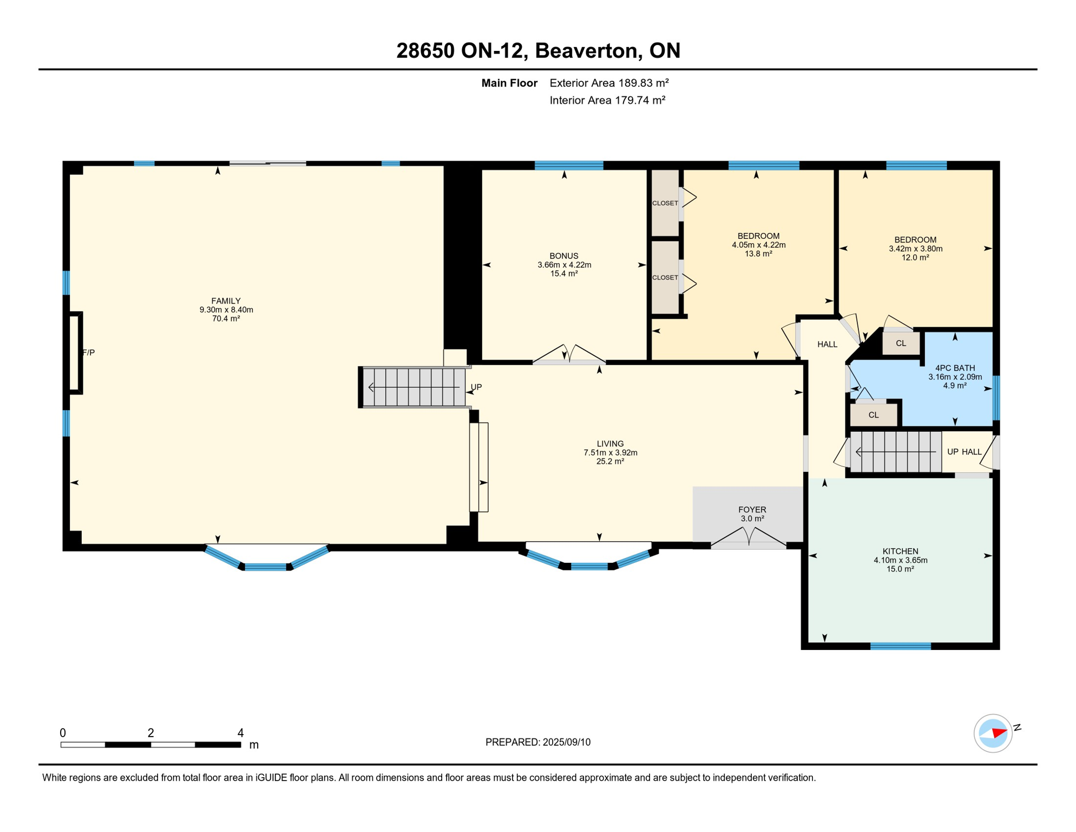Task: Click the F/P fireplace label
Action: click(88, 353)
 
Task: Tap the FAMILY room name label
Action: click(226, 301)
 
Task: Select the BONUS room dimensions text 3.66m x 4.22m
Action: click(564, 265)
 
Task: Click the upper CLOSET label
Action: click(665, 203)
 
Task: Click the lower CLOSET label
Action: click(665, 277)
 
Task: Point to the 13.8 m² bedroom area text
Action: click(758, 253)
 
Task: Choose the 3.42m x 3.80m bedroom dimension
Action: click(915, 249)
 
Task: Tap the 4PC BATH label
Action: click(955, 368)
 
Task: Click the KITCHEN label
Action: click(900, 551)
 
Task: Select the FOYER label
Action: click(752, 510)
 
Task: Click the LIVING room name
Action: click(610, 444)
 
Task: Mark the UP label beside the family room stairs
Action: click(476, 387)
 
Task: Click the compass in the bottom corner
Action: click(993, 733)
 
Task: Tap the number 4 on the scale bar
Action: click(240, 733)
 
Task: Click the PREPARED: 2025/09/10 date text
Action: click(537, 742)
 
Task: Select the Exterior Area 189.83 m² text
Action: click(609, 83)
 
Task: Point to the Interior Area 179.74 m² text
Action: click(607, 100)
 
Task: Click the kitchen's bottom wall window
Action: click(900, 646)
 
